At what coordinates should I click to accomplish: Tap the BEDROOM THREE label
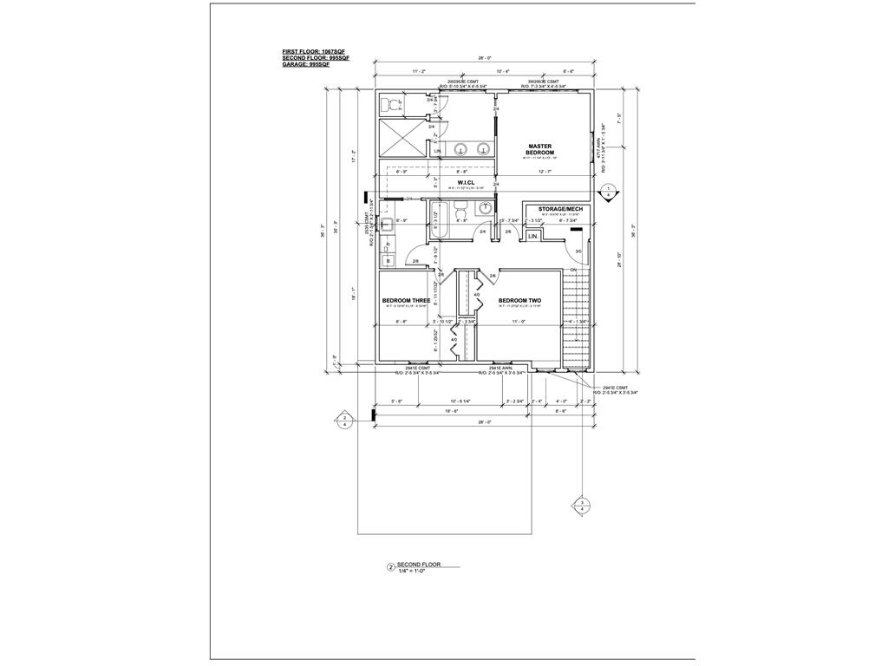tap(406, 301)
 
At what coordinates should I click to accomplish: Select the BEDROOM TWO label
tap(520, 301)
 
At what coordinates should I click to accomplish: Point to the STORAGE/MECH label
tap(560, 209)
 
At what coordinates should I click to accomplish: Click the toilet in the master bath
tap(393, 105)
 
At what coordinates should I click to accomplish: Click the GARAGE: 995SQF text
tap(306, 65)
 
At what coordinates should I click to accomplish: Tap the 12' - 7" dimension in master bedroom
tap(545, 172)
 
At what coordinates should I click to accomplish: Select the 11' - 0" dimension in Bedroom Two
tap(519, 321)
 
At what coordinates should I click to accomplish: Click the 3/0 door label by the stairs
tap(578, 252)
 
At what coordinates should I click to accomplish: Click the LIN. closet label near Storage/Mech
tap(533, 236)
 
